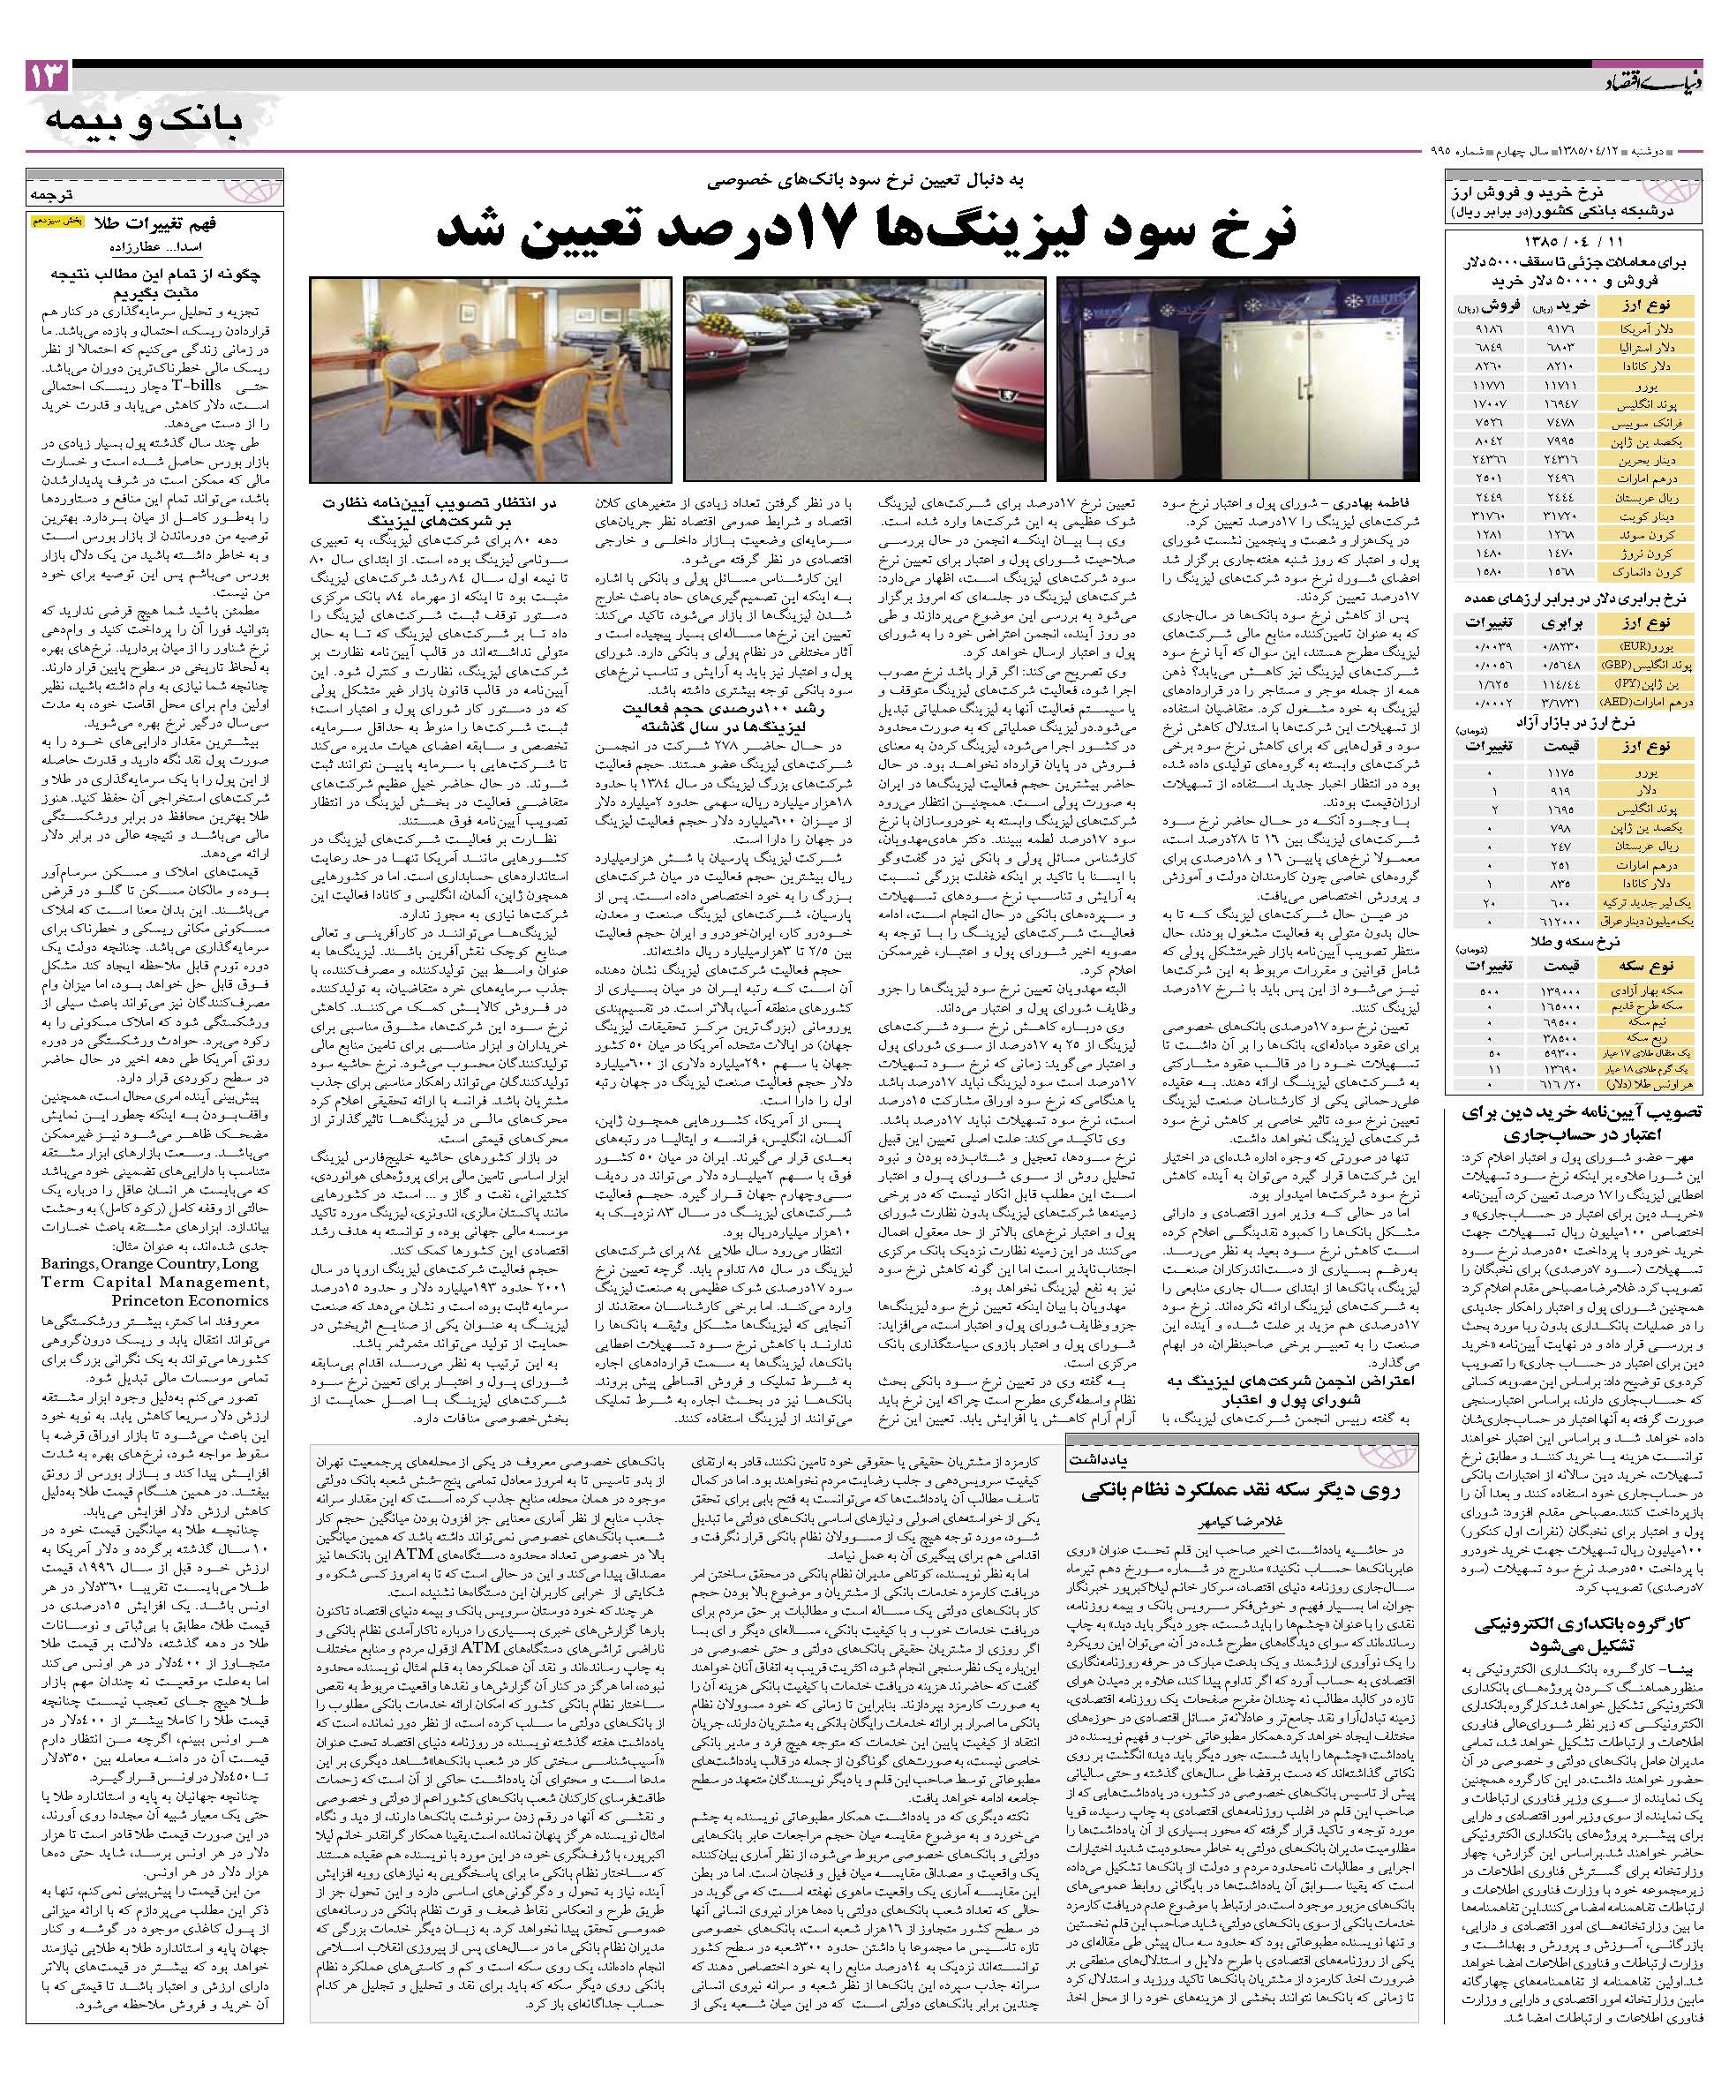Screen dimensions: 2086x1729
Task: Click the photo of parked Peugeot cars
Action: (x=864, y=378)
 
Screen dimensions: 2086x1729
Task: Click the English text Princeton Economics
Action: (x=204, y=1299)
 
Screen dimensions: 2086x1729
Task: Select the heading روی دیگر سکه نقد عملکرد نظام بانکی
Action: (x=1242, y=1490)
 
